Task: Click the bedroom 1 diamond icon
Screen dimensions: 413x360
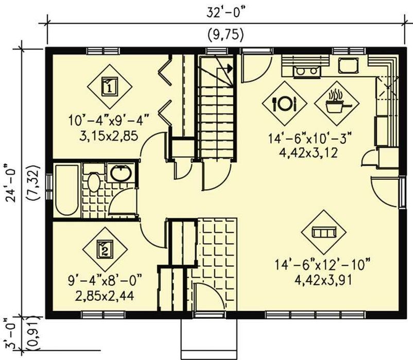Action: (x=110, y=87)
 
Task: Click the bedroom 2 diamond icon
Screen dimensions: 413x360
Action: (x=105, y=250)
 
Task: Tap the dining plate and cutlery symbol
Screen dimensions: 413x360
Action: (x=284, y=103)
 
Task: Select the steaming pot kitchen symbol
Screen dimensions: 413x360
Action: (x=337, y=103)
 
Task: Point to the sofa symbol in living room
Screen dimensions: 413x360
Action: (x=324, y=232)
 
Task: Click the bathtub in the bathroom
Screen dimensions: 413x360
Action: (x=67, y=190)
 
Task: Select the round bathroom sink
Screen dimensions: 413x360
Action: (x=121, y=173)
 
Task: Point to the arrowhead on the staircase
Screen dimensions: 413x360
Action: (x=230, y=68)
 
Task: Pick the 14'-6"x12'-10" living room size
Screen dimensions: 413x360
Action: (x=323, y=265)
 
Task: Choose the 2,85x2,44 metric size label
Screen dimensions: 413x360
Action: (x=105, y=296)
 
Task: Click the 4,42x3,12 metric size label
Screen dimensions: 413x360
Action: (x=308, y=153)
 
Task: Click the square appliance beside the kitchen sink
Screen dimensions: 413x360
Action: (x=348, y=65)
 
